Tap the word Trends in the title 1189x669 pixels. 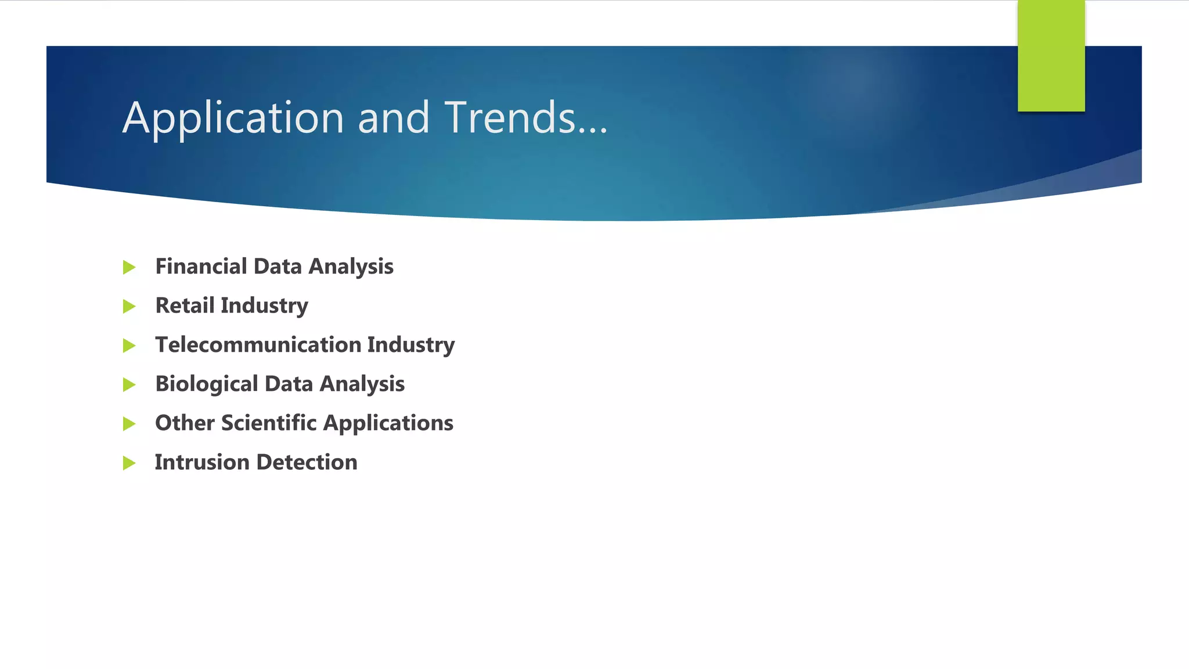coord(510,117)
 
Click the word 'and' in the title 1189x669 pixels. coord(394,117)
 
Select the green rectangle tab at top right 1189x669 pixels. coord(1051,56)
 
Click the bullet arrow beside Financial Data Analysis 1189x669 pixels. coord(129,268)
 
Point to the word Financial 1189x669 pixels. coord(201,267)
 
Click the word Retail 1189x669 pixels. coord(185,305)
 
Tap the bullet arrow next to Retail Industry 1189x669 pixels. coord(129,307)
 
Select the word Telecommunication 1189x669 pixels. coord(258,345)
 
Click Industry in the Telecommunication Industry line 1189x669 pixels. coord(411,346)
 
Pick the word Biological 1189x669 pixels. coord(207,384)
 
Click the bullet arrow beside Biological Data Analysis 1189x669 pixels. coord(129,385)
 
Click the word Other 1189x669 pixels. coord(185,423)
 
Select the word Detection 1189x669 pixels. coord(307,462)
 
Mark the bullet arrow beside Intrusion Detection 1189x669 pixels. coord(129,463)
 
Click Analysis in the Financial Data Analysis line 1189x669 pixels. coord(351,267)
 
